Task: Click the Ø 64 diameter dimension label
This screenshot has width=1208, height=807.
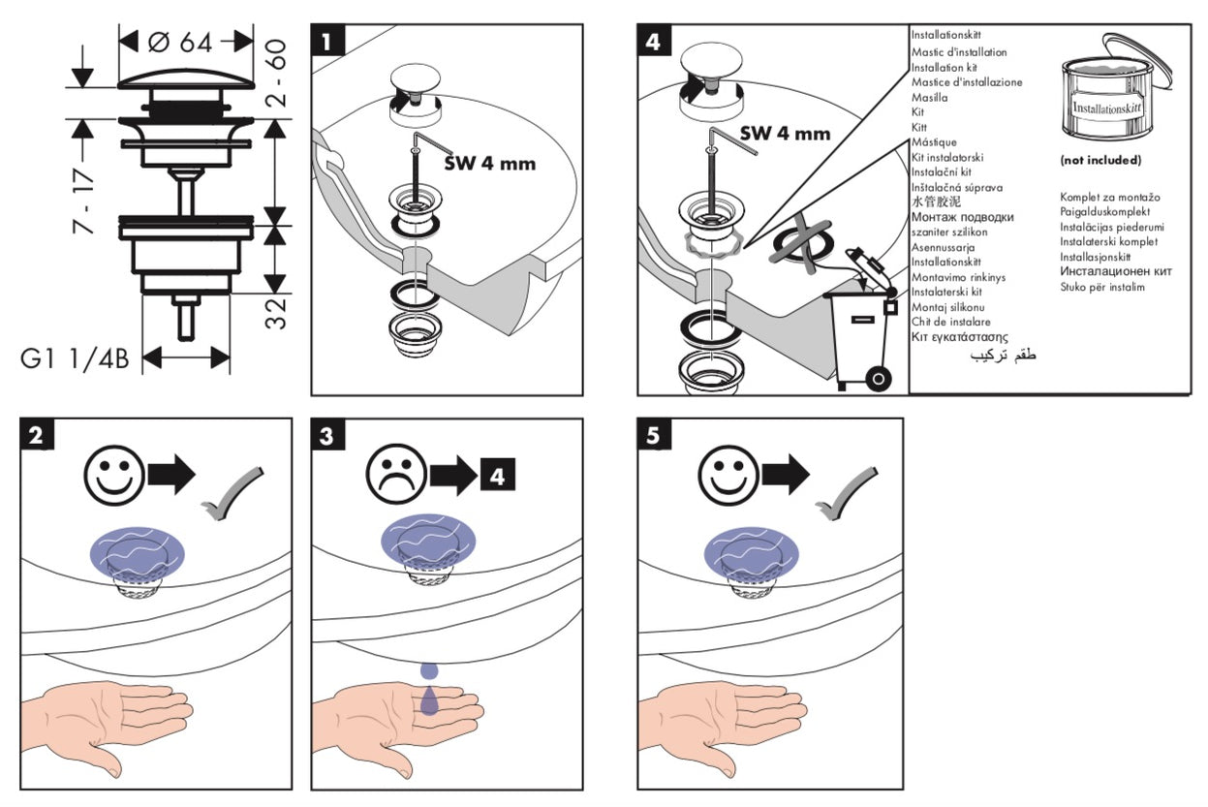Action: (x=180, y=42)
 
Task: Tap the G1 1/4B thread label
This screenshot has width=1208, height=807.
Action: (x=75, y=358)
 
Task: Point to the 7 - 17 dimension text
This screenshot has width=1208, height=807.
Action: (x=83, y=201)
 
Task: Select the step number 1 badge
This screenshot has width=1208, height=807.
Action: (x=327, y=41)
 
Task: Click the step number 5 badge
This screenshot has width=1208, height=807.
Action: (x=654, y=435)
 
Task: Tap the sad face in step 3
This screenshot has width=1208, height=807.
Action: (x=396, y=474)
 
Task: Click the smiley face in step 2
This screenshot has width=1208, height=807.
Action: (x=114, y=476)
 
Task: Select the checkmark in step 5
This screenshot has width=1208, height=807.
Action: (x=846, y=493)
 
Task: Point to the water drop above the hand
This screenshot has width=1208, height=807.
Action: (x=429, y=670)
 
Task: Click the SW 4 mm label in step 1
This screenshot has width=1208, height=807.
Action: (x=490, y=163)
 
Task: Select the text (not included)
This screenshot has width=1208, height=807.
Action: (x=1100, y=160)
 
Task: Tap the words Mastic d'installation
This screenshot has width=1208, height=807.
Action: (x=959, y=52)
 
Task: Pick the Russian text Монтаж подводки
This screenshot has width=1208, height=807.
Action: (x=963, y=217)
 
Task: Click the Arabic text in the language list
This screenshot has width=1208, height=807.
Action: (x=1003, y=356)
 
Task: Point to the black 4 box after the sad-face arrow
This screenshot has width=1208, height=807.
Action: (x=497, y=476)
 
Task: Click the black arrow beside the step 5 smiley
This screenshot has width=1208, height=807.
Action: (x=785, y=475)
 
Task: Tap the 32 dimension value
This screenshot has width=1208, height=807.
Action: (x=275, y=312)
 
